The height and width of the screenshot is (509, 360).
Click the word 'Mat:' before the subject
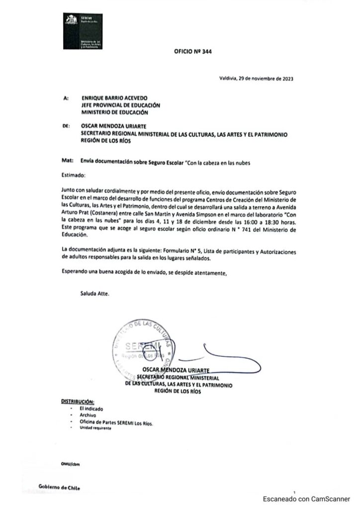(x=65, y=162)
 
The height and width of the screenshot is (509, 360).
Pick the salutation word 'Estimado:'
(x=74, y=175)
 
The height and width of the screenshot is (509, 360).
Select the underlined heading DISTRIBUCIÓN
(x=77, y=401)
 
